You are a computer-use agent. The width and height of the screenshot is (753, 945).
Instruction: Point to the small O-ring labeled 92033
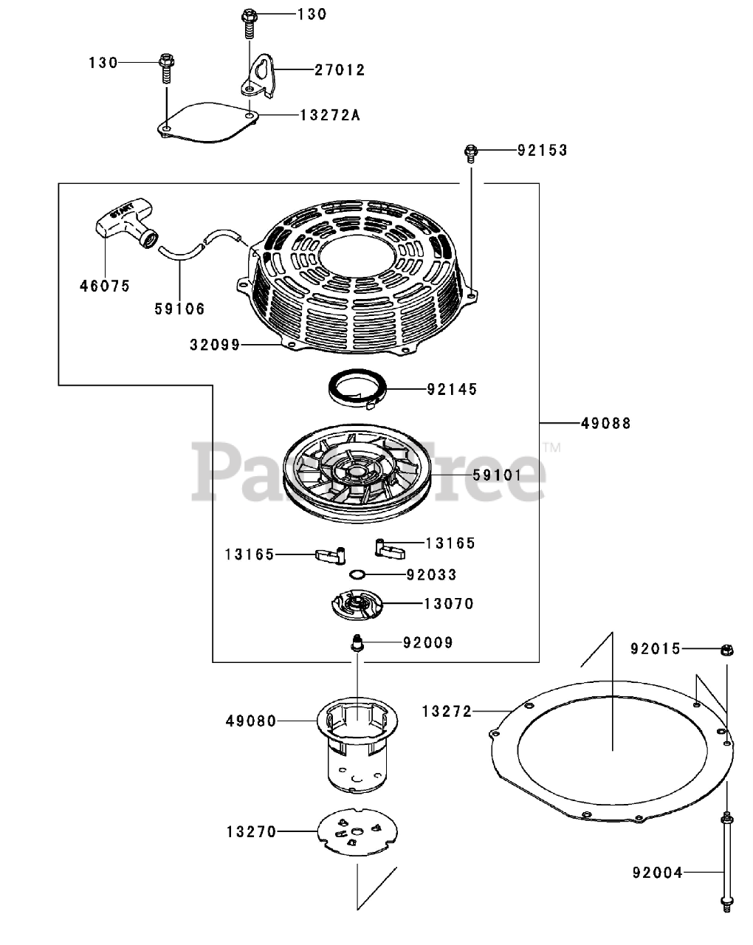(357, 575)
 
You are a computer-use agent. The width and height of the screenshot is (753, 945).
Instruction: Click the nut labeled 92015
(726, 650)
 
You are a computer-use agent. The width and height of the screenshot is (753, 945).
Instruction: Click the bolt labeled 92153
(470, 152)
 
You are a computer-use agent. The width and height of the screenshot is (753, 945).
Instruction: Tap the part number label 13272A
(330, 115)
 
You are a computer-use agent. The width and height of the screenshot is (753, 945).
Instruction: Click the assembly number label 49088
(605, 424)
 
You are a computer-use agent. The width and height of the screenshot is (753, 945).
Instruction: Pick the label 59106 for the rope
(179, 309)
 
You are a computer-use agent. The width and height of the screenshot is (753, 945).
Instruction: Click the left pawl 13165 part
(329, 554)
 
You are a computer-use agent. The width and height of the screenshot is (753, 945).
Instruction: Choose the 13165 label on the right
(450, 543)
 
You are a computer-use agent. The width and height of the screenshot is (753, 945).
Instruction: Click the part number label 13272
(447, 711)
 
